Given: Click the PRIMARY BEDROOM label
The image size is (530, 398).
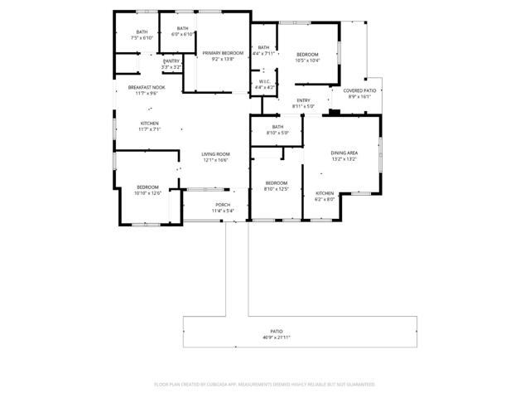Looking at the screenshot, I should [222, 53].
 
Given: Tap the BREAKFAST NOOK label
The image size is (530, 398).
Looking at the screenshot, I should [146, 88].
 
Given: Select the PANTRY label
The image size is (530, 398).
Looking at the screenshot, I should [171, 61].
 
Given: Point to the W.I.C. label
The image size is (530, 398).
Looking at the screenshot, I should [265, 81].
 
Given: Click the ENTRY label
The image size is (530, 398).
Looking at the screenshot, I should [303, 100].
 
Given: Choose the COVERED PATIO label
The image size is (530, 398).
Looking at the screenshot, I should [359, 90].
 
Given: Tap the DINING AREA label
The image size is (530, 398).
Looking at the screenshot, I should [344, 153].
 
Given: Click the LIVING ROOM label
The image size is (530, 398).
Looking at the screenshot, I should [215, 154].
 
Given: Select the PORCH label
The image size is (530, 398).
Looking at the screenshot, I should [223, 205].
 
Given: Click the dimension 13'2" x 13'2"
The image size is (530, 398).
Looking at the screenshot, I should [344, 159].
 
